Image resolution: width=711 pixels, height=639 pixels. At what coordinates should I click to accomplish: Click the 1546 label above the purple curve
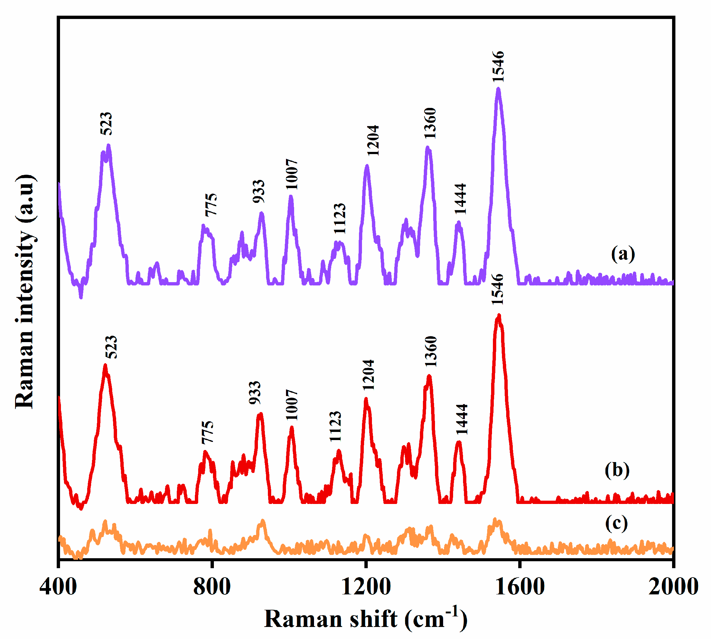(498, 67)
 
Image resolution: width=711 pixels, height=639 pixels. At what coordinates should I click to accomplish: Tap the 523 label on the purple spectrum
(106, 124)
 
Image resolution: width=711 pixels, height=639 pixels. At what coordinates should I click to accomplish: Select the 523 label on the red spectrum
(111, 347)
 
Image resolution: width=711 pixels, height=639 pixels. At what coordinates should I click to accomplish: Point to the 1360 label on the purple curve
(430, 123)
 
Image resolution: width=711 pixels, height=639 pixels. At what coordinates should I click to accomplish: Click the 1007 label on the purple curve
(292, 174)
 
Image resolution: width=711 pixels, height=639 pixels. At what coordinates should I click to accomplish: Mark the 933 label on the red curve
(255, 392)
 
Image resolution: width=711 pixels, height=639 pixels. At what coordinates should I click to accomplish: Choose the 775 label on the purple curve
(211, 205)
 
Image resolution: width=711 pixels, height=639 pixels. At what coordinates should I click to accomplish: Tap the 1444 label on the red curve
(462, 420)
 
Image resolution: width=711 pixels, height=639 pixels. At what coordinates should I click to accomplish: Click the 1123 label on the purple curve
(339, 219)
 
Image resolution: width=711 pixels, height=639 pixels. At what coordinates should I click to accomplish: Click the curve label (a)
(623, 253)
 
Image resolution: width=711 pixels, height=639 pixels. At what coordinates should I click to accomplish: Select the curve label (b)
(617, 470)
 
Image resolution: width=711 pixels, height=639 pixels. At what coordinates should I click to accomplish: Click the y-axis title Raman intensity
(25, 291)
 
